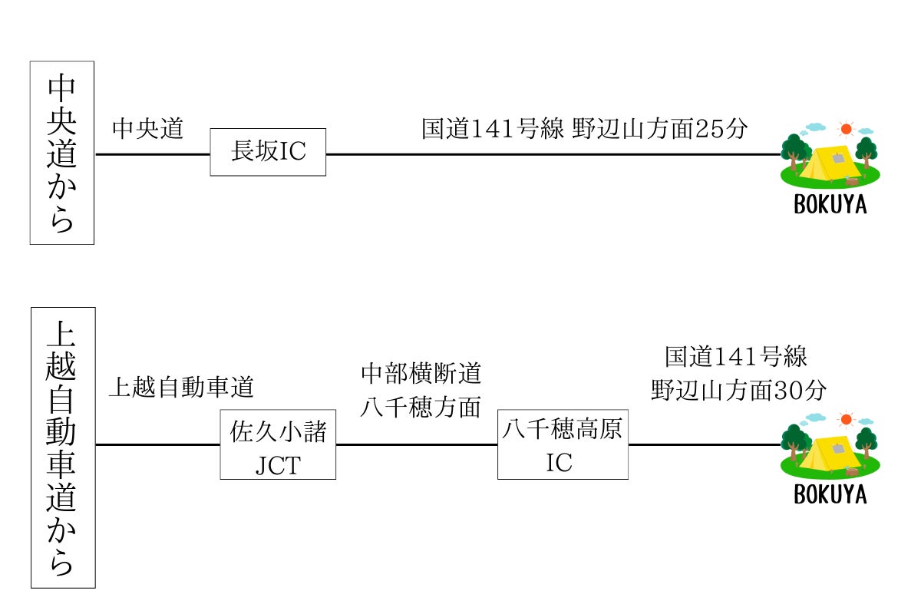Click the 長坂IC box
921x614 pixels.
(268, 152)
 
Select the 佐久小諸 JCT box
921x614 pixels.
(278, 445)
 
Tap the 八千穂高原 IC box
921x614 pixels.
(563, 445)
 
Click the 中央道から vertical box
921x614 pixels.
(61, 152)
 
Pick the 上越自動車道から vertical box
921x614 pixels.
(62, 447)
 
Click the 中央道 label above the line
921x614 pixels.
(148, 128)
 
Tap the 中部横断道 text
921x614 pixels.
(421, 374)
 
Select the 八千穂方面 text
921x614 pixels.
(421, 406)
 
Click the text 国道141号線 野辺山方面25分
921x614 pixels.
(584, 128)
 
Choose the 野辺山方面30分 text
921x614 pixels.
(738, 390)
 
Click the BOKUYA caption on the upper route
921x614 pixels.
(830, 205)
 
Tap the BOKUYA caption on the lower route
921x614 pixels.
(830, 495)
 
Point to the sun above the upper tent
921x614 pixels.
(847, 129)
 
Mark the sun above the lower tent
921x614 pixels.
(847, 419)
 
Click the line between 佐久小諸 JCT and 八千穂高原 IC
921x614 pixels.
(416, 445)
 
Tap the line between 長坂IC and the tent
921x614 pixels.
(553, 154)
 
